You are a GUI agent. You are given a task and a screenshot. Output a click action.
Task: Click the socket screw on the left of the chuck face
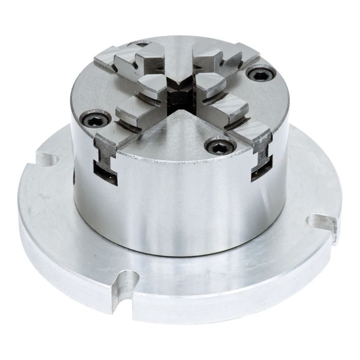(x=97, y=120)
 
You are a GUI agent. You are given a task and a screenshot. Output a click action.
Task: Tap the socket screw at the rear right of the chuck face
(x=261, y=74)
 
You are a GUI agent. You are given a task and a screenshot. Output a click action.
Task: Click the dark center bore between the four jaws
(x=179, y=93)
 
